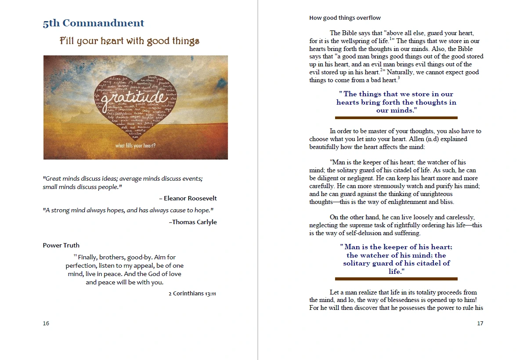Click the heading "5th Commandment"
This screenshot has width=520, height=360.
pyautogui.click(x=93, y=23)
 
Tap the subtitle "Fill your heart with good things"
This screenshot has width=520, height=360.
pyautogui.click(x=130, y=41)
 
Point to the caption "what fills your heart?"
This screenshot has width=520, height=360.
pyautogui.click(x=135, y=145)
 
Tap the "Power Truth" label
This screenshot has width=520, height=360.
pyautogui.click(x=61, y=245)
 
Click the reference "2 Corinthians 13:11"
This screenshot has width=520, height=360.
pyautogui.click(x=192, y=294)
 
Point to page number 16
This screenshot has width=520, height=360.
pyautogui.click(x=46, y=324)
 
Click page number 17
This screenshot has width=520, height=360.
pyautogui.click(x=480, y=324)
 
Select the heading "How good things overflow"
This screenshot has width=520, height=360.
pyautogui.click(x=345, y=18)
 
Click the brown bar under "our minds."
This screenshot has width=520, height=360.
pyautogui.click(x=396, y=118)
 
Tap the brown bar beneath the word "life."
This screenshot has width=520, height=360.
pyautogui.click(x=396, y=279)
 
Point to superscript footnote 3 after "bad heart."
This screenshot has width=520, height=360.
pyautogui.click(x=398, y=78)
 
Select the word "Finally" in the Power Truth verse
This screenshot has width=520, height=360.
pyautogui.click(x=87, y=257)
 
